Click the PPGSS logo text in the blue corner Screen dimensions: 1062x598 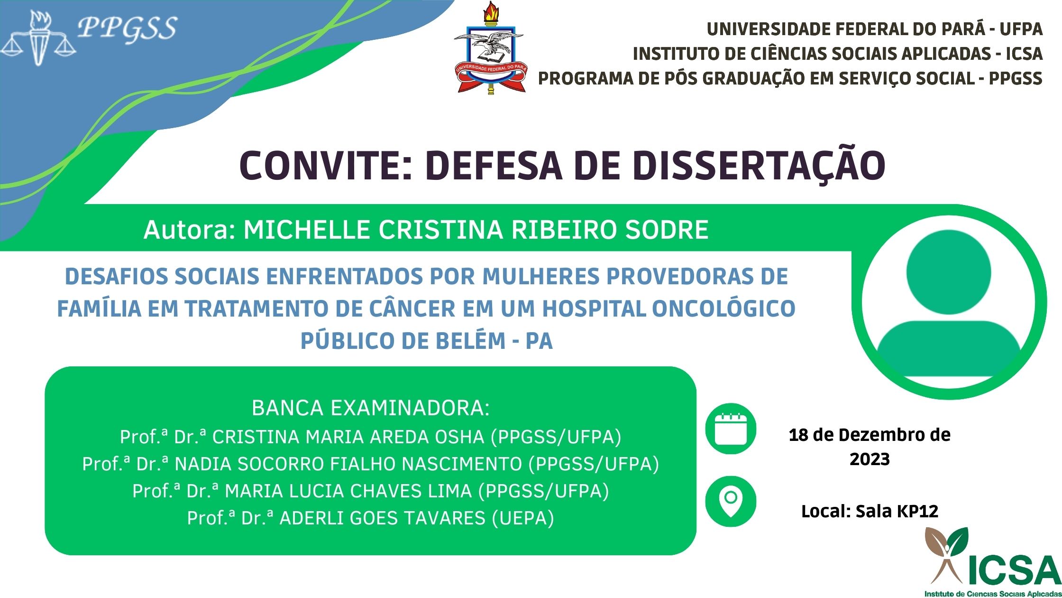point(127,28)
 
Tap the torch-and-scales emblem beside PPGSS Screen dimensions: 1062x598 point(39,37)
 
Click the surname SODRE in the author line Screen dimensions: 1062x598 point(667,230)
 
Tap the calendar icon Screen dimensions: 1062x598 point(731,429)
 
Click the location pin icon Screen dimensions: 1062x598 point(731,501)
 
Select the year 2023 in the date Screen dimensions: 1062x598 point(870,459)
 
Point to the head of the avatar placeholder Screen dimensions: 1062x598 point(949,272)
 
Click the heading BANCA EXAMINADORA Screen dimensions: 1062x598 point(370,408)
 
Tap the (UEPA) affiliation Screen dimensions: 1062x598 point(523,518)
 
